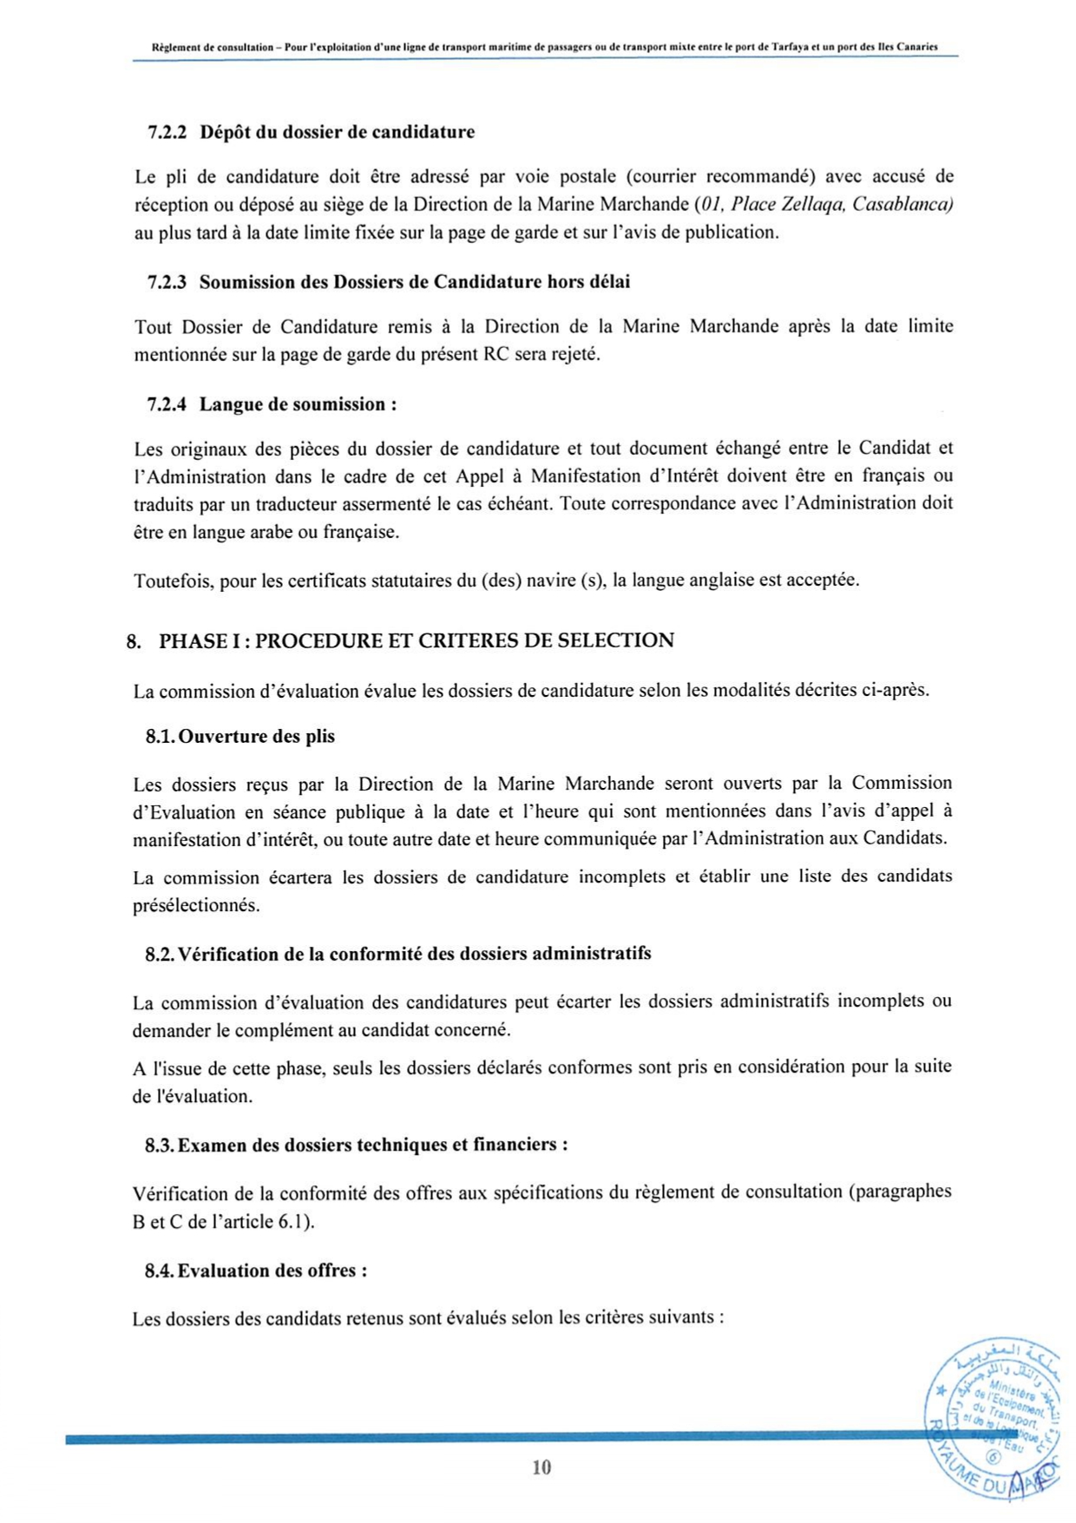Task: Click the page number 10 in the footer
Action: [x=541, y=1467]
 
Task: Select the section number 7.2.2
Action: [x=167, y=133]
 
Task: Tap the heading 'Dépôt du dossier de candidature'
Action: [x=337, y=133]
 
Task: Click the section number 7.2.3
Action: [x=167, y=282]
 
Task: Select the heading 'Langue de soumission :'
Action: [x=299, y=404]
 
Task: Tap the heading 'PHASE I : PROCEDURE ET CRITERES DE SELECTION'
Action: [x=417, y=641]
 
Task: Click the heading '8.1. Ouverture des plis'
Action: [x=239, y=737]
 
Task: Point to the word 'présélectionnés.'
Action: [x=196, y=905]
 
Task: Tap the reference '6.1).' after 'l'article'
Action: [x=296, y=1222]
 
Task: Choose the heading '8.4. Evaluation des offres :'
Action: [x=256, y=1271]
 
